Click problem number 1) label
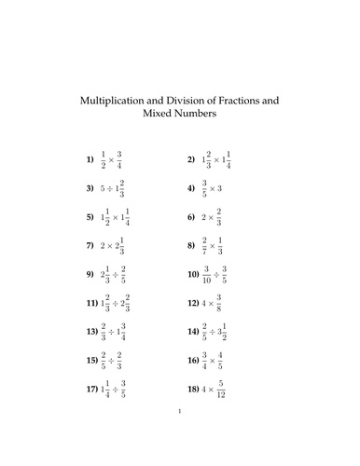[x=90, y=160]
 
